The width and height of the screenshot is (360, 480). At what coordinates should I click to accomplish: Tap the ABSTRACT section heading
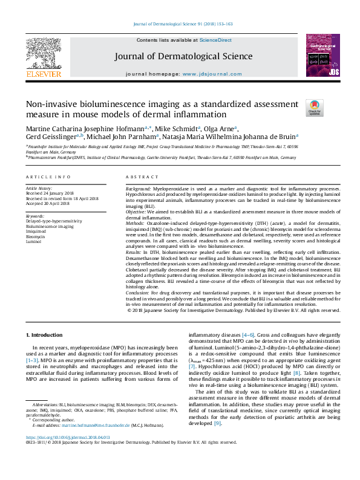(140, 177)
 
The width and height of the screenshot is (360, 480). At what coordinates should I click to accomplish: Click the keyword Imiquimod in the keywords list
(36, 230)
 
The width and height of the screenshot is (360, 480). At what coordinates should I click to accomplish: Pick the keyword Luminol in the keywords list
(34, 240)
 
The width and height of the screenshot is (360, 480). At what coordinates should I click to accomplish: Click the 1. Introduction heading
(44, 335)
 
